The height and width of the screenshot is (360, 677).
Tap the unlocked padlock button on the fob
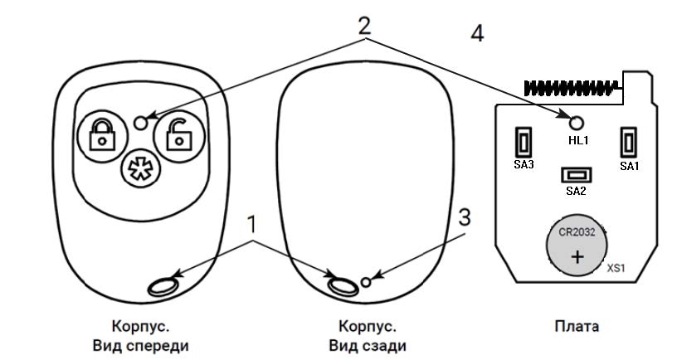pyautogui.click(x=178, y=134)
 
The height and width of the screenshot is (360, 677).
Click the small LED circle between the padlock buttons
pyautogui.click(x=141, y=122)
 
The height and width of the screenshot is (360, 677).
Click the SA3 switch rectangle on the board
pyautogui.click(x=524, y=143)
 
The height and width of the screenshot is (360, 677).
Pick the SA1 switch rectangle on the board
pyautogui.click(x=629, y=143)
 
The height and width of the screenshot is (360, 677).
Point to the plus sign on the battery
pyautogui.click(x=577, y=257)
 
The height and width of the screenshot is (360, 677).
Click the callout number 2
pyautogui.click(x=363, y=25)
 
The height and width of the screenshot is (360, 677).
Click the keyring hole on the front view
pyautogui.click(x=162, y=285)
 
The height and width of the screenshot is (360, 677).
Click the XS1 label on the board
pyautogui.click(x=615, y=269)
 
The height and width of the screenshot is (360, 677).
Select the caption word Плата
pyautogui.click(x=576, y=326)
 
